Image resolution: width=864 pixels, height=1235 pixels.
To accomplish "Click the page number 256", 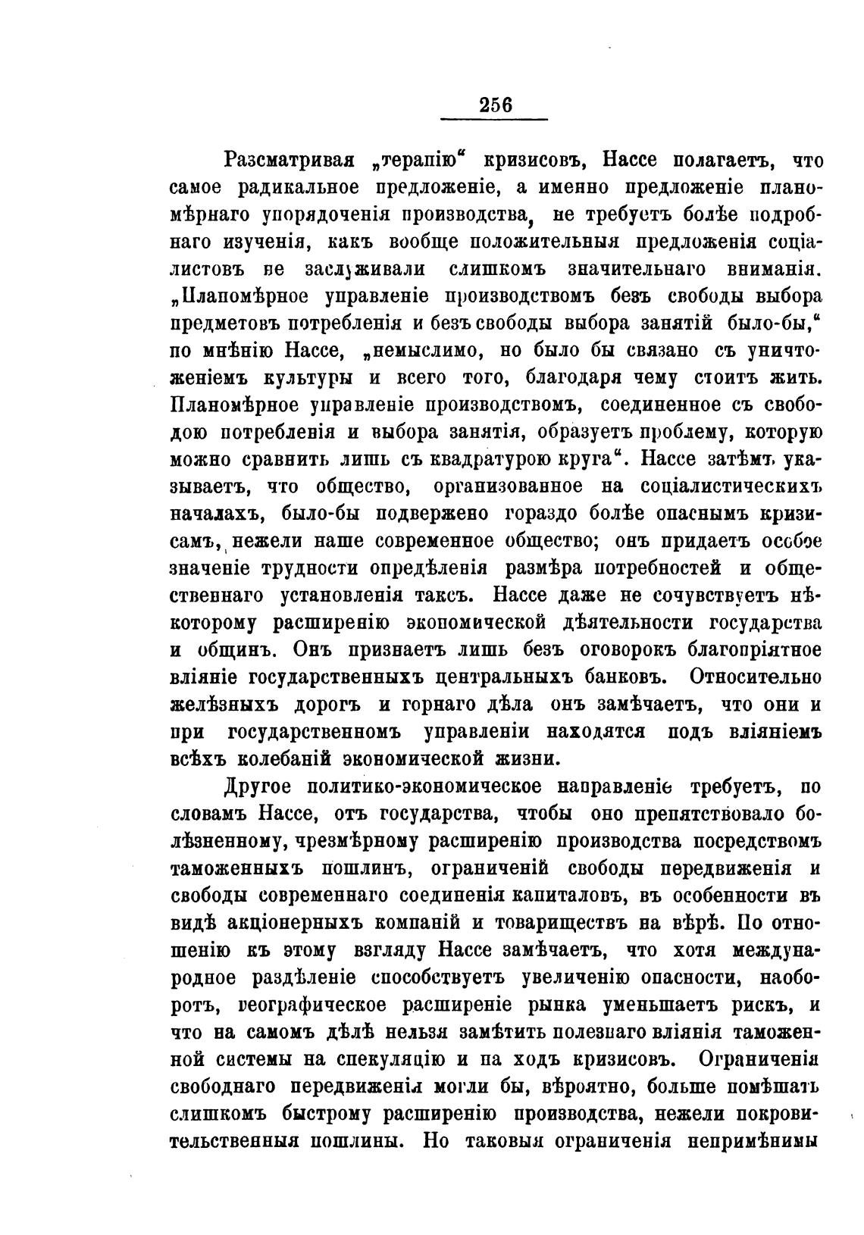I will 496,105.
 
